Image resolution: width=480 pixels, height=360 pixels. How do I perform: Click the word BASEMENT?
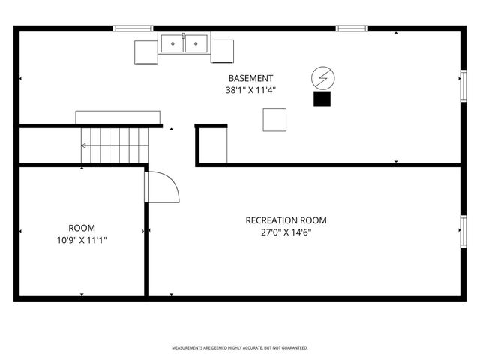point(250,78)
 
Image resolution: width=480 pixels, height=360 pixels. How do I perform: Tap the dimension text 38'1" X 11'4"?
point(250,90)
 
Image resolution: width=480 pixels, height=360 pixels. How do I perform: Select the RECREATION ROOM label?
point(286,220)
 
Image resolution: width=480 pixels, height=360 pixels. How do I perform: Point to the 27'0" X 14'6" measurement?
point(286,232)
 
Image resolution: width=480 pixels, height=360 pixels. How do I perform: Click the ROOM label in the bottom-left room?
point(82,228)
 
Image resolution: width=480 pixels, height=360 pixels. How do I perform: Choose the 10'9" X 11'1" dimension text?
point(82,240)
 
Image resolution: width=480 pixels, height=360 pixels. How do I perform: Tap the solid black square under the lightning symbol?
point(322,99)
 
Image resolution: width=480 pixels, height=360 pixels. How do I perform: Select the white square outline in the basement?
point(274,120)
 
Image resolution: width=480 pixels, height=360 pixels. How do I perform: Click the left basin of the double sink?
point(173,43)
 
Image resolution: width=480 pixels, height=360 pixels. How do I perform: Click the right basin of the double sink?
point(197,43)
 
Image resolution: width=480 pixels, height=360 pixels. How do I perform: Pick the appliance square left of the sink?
point(146,51)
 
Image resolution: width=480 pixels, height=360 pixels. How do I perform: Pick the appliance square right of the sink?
point(222,51)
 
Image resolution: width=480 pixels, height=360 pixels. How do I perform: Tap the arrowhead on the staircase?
point(83,145)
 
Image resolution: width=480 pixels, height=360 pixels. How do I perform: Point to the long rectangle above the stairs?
point(118,118)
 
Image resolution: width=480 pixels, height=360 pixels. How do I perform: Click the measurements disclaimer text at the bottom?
point(240,348)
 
